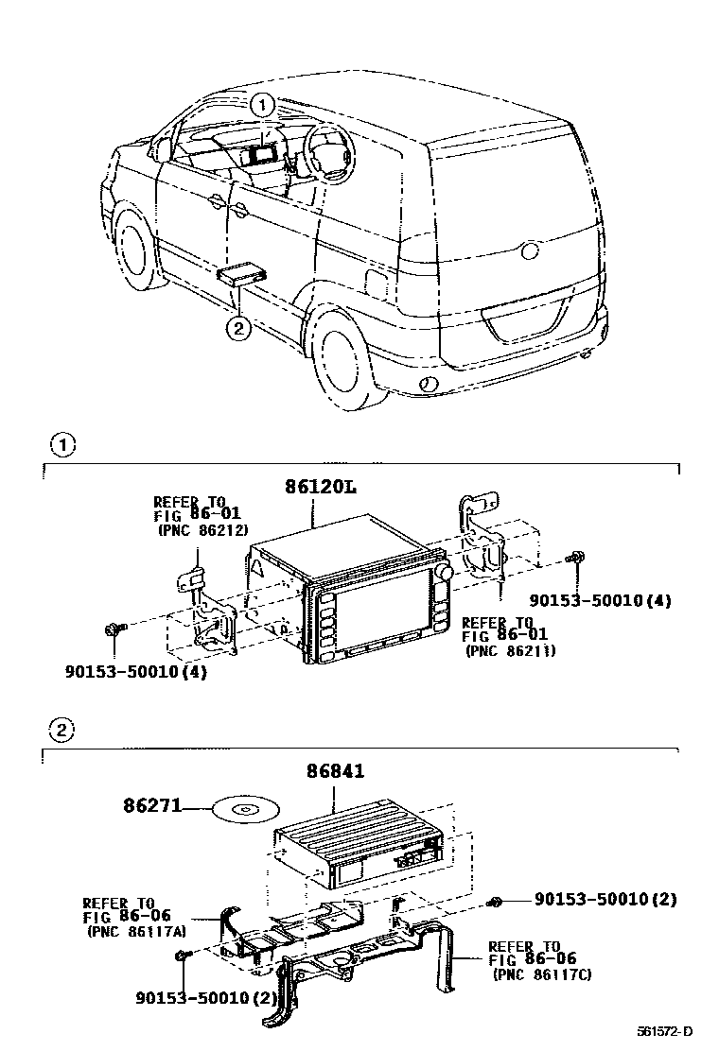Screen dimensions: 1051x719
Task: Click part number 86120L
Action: click(x=320, y=488)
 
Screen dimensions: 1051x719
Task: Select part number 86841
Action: click(x=334, y=771)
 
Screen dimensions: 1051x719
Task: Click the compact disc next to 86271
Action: click(x=243, y=810)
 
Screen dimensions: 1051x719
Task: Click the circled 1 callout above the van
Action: click(x=263, y=105)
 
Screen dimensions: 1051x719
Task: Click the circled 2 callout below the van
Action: click(x=237, y=328)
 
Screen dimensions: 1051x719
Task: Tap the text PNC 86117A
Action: click(x=136, y=930)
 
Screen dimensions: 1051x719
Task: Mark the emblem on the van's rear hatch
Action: click(x=529, y=250)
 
